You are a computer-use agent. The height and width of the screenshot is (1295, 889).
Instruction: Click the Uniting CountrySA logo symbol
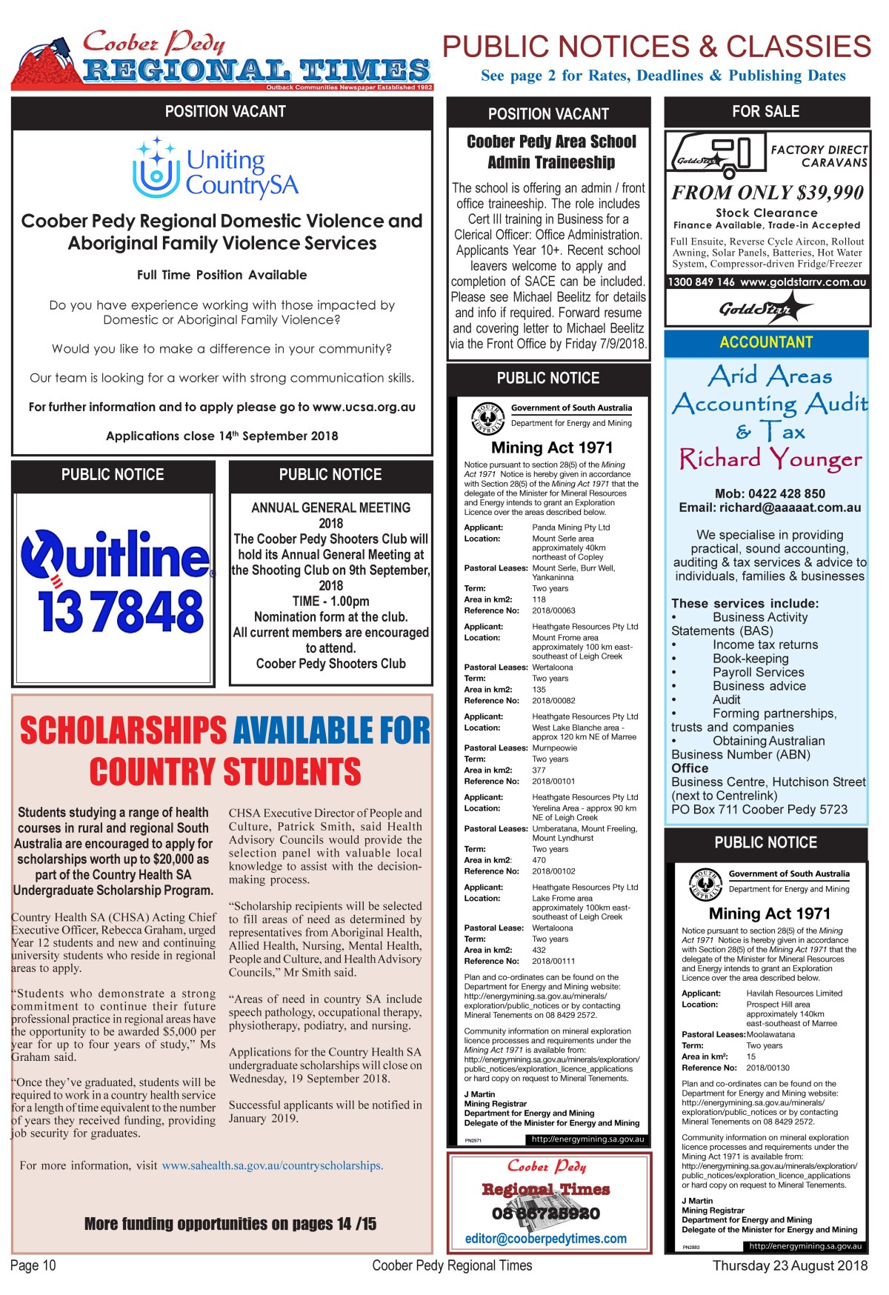(156, 168)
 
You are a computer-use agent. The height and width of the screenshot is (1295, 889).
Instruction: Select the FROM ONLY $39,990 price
(767, 193)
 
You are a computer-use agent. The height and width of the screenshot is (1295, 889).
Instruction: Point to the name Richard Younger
(770, 460)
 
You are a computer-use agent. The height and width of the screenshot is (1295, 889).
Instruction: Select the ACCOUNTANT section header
(766, 342)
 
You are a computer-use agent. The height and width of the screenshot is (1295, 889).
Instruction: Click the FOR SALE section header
(765, 112)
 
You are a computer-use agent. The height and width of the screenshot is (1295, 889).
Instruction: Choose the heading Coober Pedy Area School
(551, 142)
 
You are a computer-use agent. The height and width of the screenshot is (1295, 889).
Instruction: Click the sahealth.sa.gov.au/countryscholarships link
(272, 1165)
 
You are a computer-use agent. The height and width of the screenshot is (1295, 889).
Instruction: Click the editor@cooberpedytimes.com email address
(546, 1239)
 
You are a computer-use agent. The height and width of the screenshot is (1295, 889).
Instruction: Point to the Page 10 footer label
(33, 1265)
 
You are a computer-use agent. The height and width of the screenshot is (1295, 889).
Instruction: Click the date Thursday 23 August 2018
(790, 1265)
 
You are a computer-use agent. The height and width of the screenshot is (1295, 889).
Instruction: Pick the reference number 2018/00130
(768, 1068)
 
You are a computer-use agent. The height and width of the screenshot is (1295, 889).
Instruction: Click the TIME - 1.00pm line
(330, 601)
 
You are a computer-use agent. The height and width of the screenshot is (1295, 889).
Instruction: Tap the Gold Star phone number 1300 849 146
(701, 282)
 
